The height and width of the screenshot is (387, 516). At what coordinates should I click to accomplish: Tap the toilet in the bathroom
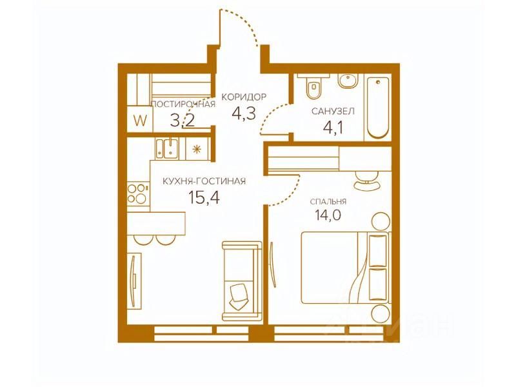[x=313, y=86]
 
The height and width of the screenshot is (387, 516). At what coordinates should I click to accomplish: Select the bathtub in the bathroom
[x=378, y=108]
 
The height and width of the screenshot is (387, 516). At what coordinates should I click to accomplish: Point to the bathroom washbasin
[x=348, y=81]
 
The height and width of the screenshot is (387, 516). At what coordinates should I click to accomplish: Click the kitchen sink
[x=167, y=149]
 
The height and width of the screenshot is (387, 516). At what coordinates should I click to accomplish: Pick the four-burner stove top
[x=137, y=193]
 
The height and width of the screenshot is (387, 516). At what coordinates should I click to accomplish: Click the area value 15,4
[x=204, y=198]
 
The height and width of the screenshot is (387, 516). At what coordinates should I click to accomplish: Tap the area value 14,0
[x=328, y=215]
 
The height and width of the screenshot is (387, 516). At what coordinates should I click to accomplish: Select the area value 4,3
[x=244, y=114]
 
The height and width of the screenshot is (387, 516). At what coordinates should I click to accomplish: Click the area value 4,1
[x=333, y=127]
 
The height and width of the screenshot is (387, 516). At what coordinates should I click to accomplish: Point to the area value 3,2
[x=183, y=121]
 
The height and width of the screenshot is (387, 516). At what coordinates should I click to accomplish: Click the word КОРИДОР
[x=244, y=97]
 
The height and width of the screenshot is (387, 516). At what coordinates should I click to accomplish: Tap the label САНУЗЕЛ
[x=333, y=111]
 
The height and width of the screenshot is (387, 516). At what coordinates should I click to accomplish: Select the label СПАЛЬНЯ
[x=328, y=201]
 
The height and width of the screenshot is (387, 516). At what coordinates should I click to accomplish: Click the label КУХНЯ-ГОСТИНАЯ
[x=204, y=181]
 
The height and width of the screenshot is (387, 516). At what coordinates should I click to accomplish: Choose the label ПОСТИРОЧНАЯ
[x=183, y=104]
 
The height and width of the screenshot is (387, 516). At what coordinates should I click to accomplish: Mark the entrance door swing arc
[x=243, y=25]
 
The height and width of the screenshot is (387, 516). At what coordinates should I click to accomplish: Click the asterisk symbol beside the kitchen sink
[x=197, y=150]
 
